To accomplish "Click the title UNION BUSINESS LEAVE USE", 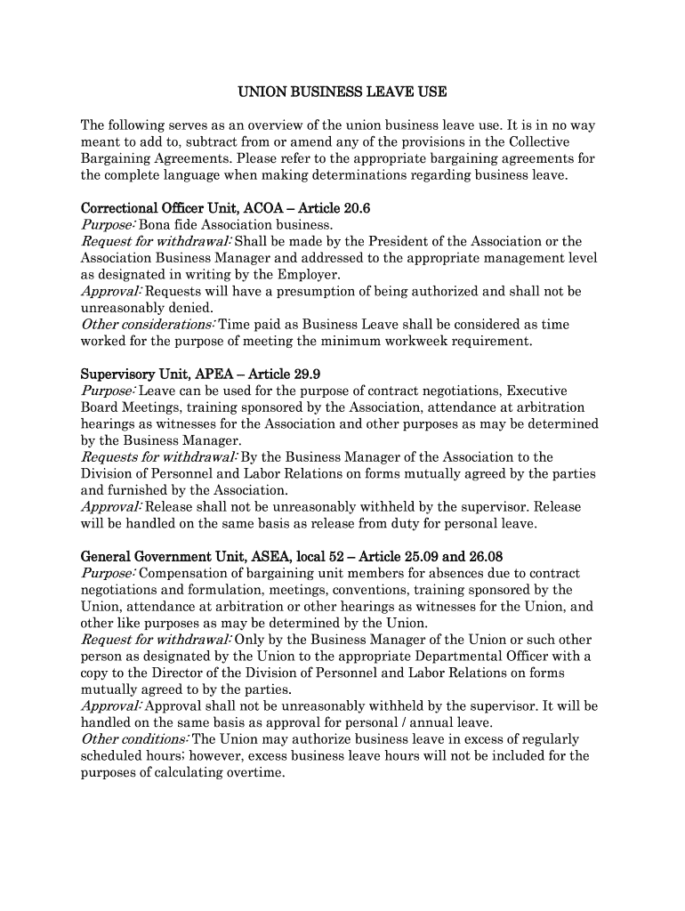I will coord(342,92).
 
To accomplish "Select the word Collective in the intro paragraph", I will coord(539,142).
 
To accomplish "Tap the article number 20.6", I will coord(352,208).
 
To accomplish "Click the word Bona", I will coord(155,225).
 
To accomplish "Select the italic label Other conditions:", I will coord(134,739).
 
